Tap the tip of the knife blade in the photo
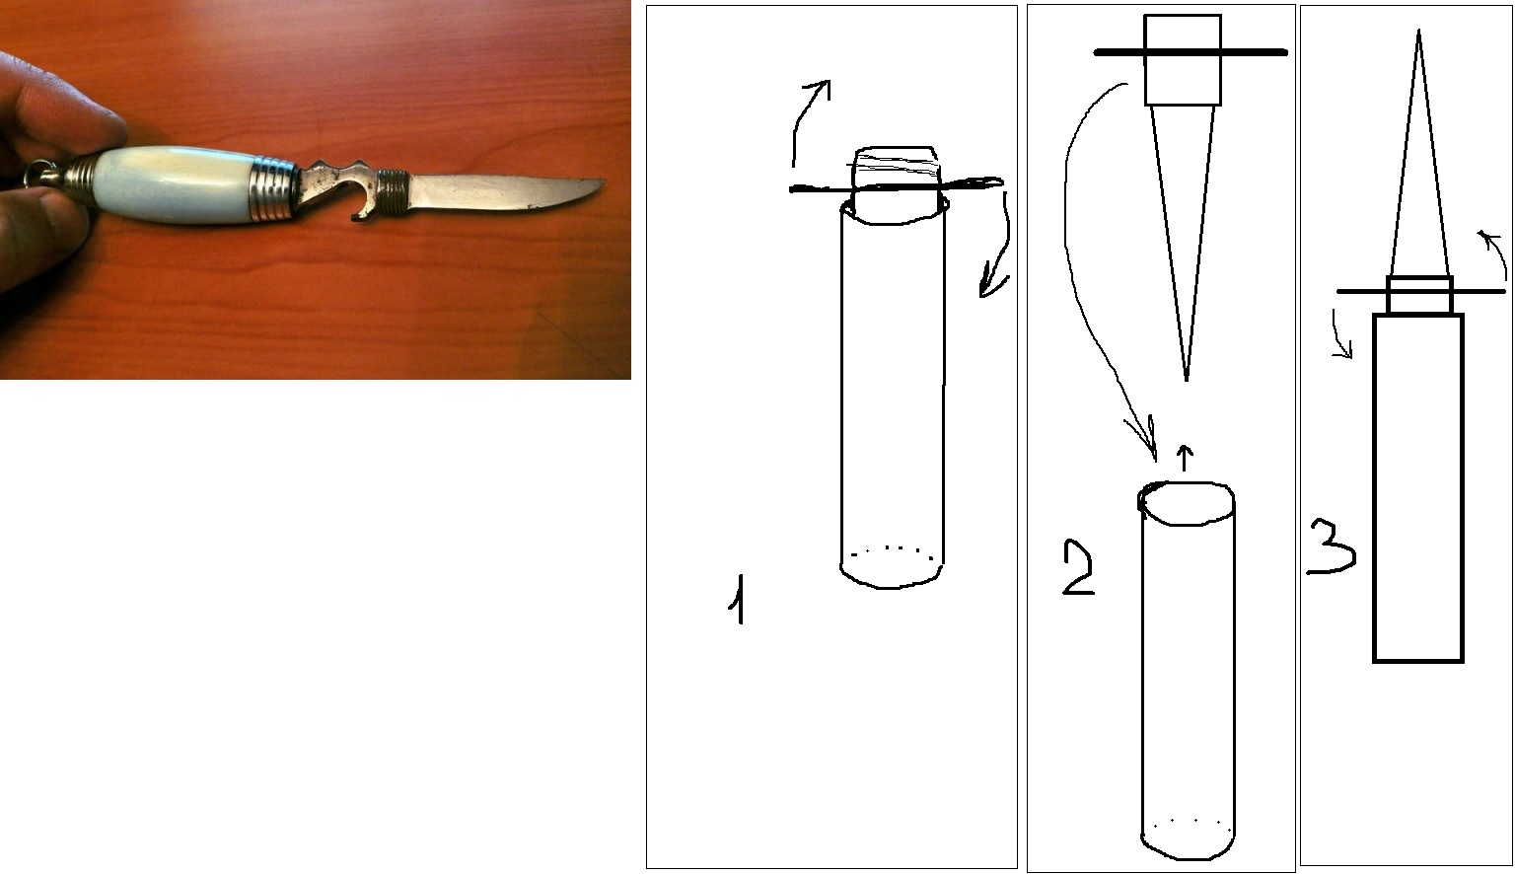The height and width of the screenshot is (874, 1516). [605, 182]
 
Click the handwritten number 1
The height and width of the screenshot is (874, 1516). [739, 599]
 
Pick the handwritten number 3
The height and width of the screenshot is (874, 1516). [1332, 546]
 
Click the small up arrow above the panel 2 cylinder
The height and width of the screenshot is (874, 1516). [1184, 457]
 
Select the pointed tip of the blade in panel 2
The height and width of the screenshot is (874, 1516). [1186, 379]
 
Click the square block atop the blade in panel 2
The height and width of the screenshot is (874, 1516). [1183, 60]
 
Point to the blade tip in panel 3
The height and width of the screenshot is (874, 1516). [1418, 32]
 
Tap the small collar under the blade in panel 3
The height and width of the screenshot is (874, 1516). [1419, 295]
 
